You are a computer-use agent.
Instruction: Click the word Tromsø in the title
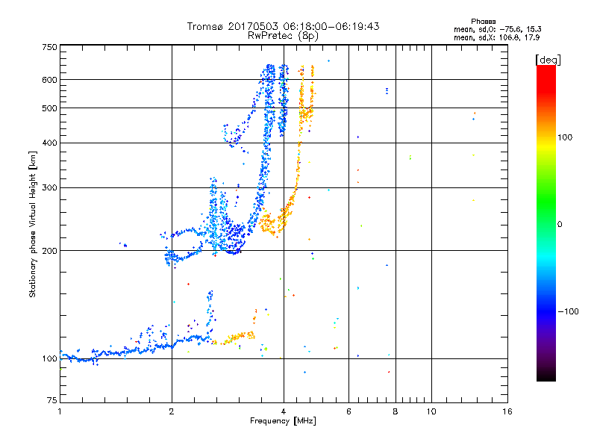204,26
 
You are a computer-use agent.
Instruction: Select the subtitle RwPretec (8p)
284,35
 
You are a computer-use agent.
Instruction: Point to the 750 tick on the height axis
49,47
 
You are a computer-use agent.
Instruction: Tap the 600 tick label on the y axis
49,79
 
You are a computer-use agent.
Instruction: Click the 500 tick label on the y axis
49,108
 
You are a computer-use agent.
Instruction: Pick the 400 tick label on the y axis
49,143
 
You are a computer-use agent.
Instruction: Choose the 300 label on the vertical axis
49,187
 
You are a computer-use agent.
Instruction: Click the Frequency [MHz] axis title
284,422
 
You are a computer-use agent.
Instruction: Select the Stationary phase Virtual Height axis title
33,223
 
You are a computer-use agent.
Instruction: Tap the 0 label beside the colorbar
560,224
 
